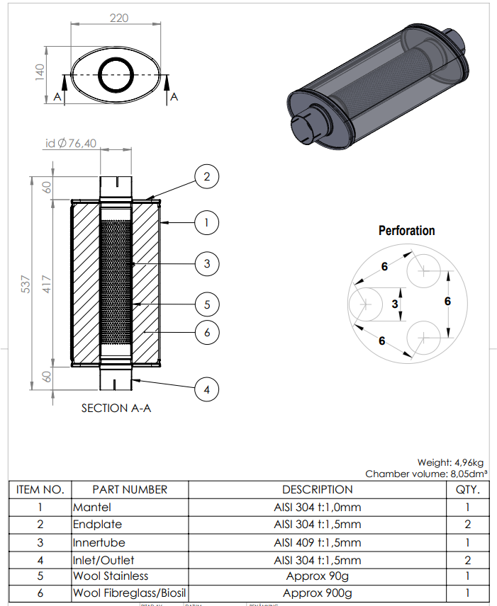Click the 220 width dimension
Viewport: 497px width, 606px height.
tap(119, 18)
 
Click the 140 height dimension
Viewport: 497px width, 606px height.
tap(40, 71)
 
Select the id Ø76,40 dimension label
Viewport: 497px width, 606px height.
tap(71, 144)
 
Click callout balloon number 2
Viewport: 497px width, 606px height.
tap(207, 176)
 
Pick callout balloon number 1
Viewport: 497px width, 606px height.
tap(207, 222)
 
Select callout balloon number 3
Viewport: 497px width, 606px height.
tap(207, 264)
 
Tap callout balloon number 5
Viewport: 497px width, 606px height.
tap(207, 305)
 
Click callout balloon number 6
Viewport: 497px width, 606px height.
tap(207, 331)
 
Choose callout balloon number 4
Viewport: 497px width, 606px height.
tap(207, 389)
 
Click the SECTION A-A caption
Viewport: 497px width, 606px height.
tap(116, 408)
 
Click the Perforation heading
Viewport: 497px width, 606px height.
tap(406, 231)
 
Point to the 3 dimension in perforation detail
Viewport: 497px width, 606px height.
tap(396, 303)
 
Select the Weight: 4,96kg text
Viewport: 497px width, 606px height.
tap(450, 462)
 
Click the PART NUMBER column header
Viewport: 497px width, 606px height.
tap(130, 489)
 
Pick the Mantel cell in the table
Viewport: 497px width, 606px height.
tap(92, 507)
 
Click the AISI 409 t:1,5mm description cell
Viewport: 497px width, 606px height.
tap(317, 542)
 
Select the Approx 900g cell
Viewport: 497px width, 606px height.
tap(317, 593)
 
